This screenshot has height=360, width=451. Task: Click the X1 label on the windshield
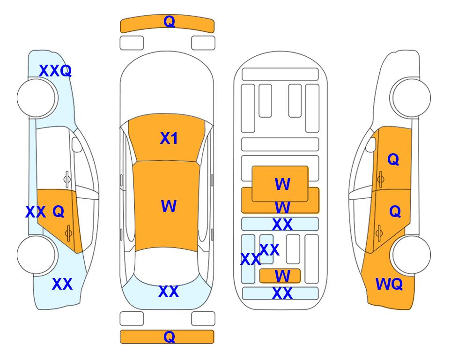(169, 138)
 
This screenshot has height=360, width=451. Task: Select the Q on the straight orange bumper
(169, 337)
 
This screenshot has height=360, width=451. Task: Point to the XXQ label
(55, 71)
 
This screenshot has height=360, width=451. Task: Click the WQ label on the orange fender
(389, 284)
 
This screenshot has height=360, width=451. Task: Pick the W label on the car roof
(169, 206)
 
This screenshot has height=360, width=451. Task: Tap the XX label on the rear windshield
(169, 292)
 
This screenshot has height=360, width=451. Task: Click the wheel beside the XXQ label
(36, 97)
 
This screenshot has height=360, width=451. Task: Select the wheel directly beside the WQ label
(411, 255)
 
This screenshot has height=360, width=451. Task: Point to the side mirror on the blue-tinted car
(77, 144)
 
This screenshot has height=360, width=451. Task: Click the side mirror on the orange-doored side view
(371, 144)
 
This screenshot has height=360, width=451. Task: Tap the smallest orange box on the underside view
(280, 276)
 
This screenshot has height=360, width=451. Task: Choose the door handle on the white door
(67, 179)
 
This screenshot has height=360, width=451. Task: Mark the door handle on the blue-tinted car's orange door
(68, 233)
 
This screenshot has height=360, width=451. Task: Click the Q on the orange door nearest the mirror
(393, 159)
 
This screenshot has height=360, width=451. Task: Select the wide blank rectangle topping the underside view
(280, 75)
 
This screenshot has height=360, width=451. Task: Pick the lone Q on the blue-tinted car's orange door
(59, 212)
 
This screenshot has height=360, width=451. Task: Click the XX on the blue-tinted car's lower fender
(62, 284)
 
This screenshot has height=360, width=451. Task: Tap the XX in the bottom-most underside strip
(282, 293)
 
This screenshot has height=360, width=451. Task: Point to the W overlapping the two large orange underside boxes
(282, 207)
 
